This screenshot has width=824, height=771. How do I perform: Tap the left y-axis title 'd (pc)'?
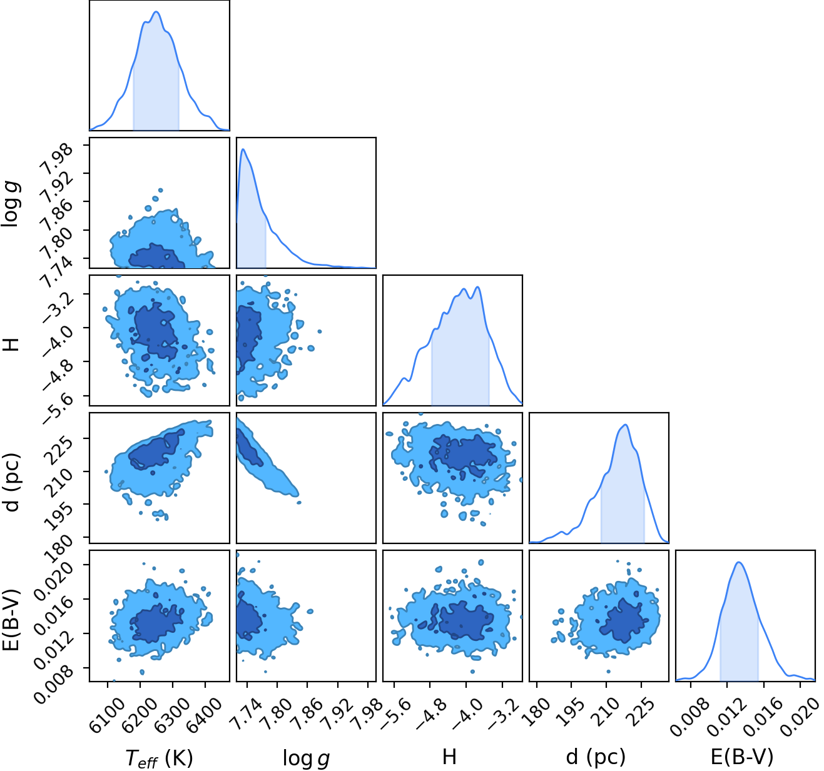(12, 478)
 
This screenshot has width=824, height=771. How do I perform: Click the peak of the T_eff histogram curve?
(156, 12)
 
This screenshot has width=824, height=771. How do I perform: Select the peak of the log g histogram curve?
(243, 149)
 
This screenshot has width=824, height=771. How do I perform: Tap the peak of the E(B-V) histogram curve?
(740, 562)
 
